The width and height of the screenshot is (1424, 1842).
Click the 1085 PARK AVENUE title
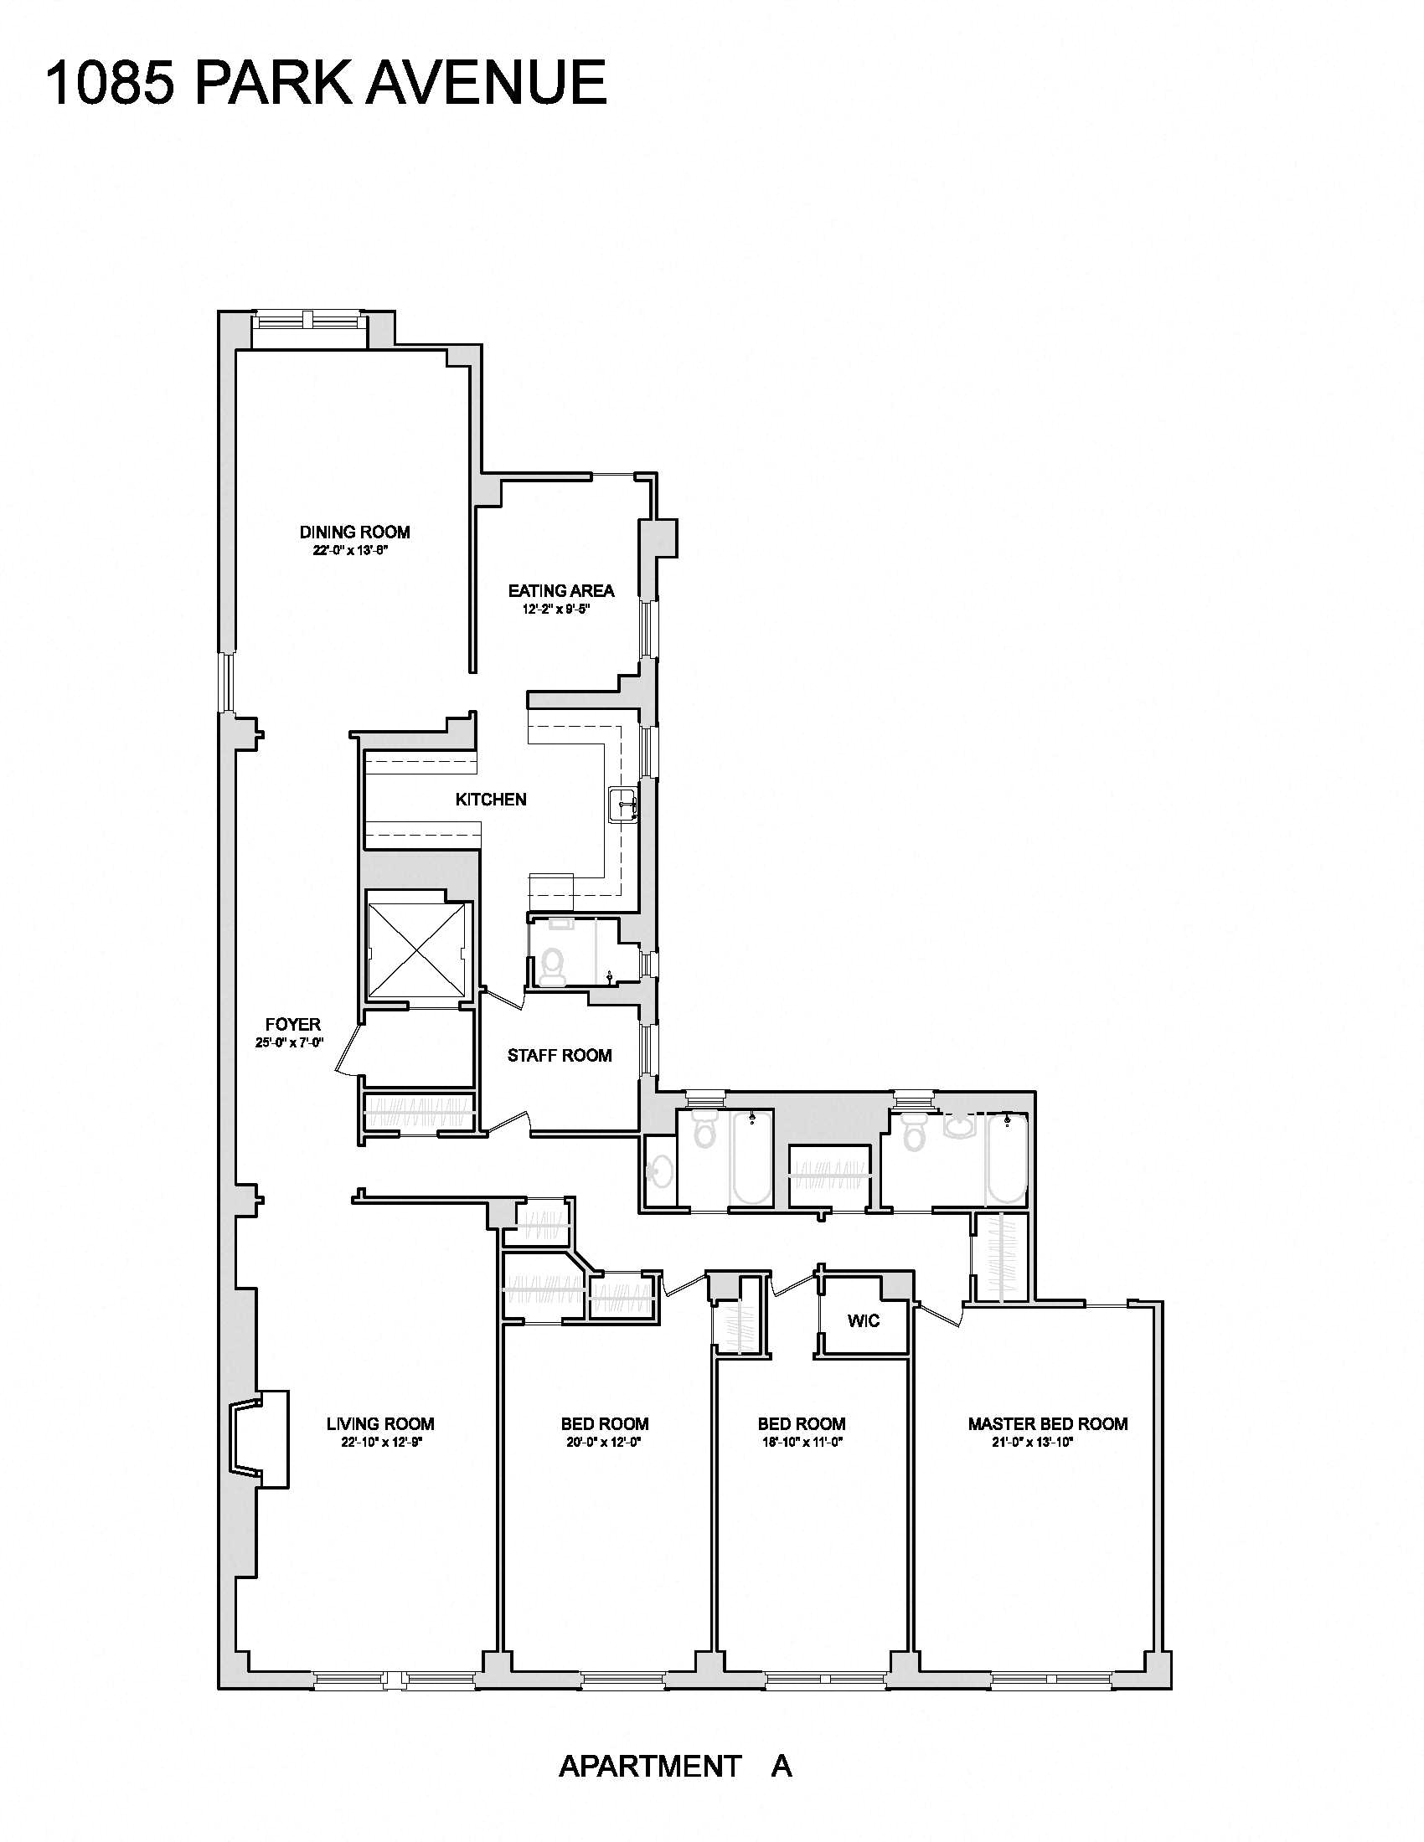[326, 83]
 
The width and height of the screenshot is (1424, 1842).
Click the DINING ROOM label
[354, 533]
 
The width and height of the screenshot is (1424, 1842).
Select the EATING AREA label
[561, 590]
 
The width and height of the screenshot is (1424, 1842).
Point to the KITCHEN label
[491, 799]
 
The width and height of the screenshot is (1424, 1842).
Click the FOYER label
[292, 1024]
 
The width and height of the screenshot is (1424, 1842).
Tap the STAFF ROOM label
[560, 1055]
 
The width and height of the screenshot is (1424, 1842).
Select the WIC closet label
[863, 1320]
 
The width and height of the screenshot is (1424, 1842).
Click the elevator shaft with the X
[419, 949]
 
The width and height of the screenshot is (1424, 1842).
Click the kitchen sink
[622, 805]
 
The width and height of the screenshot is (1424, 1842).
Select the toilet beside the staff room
[554, 966]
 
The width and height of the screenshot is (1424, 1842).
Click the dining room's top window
[310, 321]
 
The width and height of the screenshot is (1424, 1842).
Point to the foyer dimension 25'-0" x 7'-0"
[289, 1042]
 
